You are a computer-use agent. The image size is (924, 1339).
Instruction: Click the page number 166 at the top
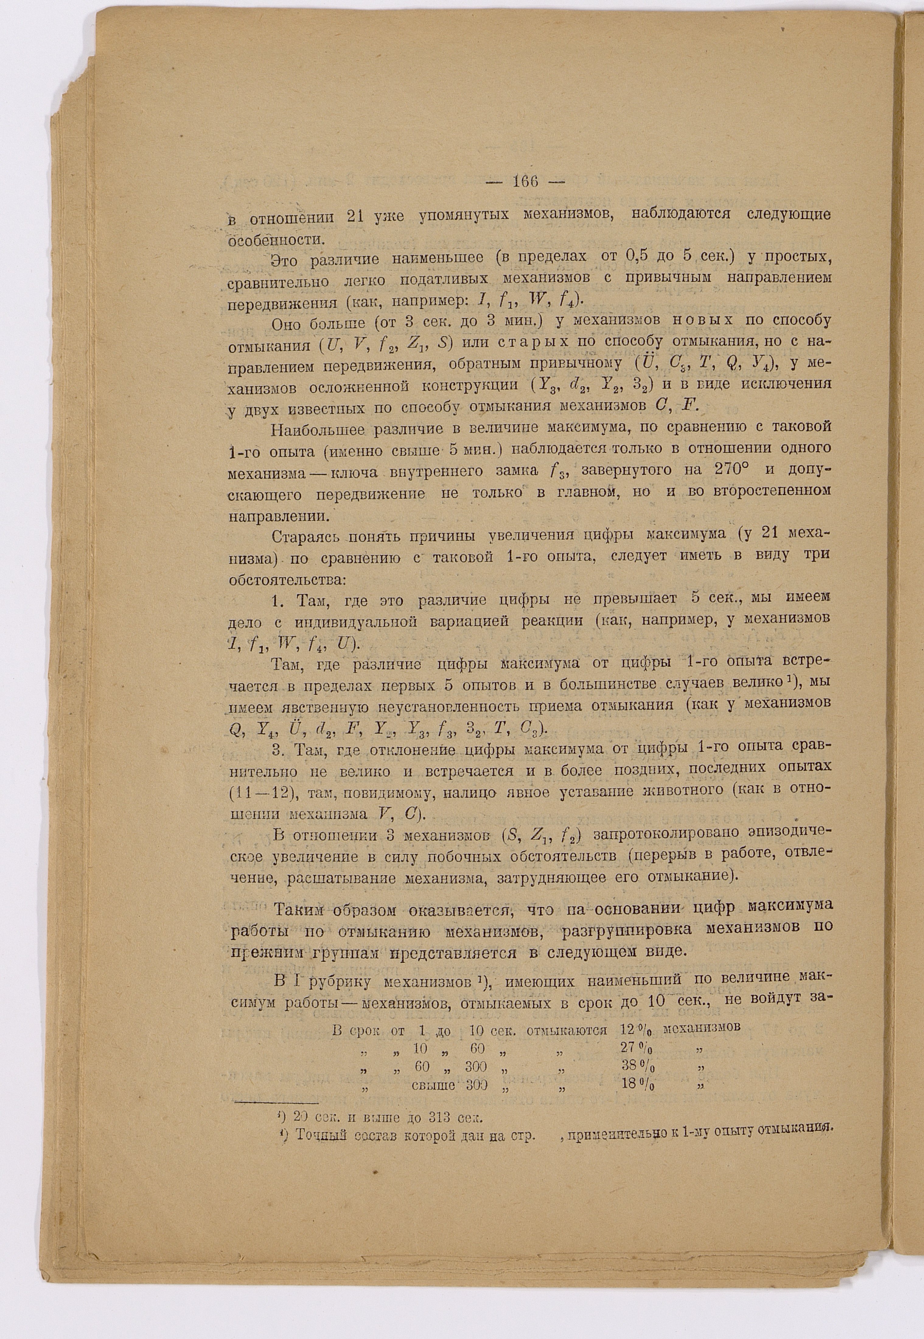point(526,181)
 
